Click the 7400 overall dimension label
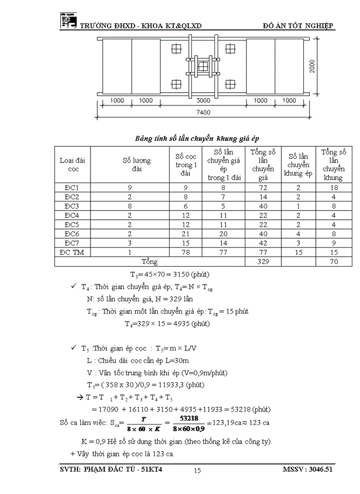click(x=205, y=112)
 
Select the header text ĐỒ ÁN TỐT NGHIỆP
click(x=298, y=26)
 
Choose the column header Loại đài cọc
click(x=72, y=164)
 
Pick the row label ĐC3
click(x=72, y=206)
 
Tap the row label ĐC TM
click(x=72, y=252)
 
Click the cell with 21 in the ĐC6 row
click(x=184, y=234)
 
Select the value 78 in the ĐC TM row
click(x=184, y=252)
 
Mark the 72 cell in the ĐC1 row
click(x=263, y=187)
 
